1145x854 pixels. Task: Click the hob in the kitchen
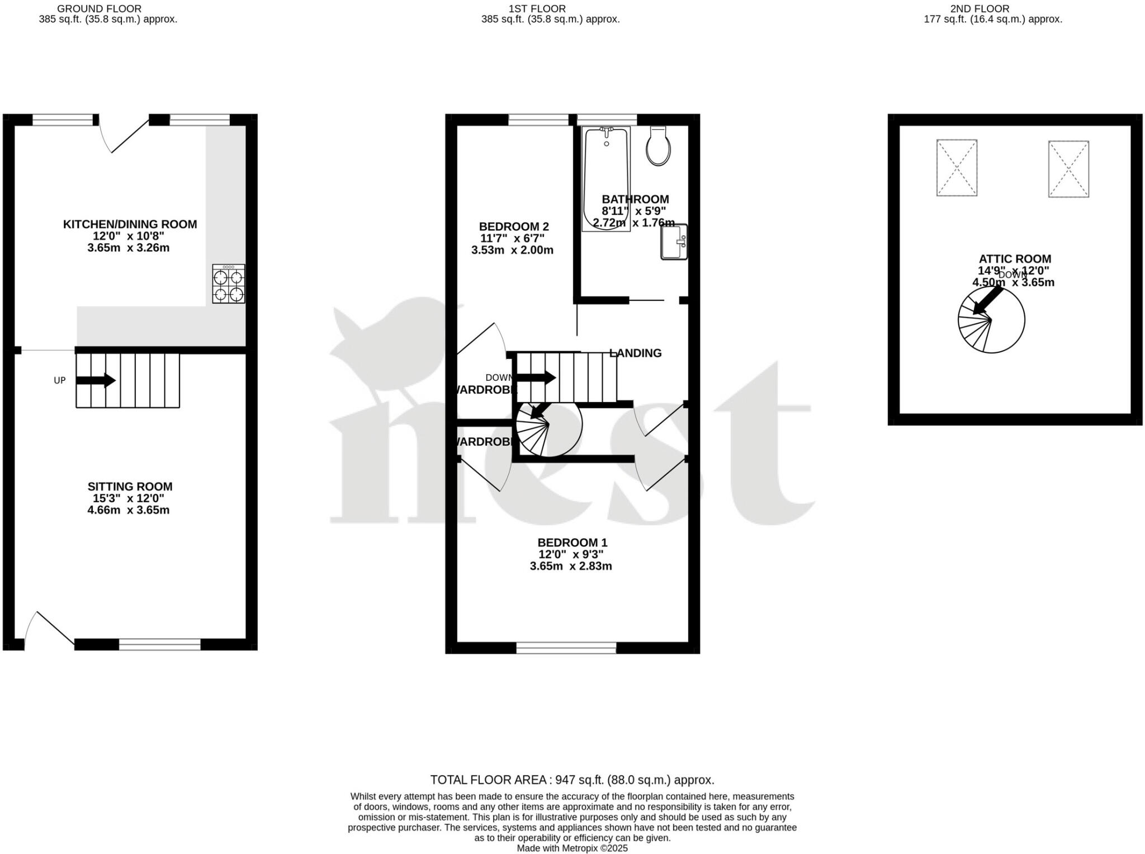[x=229, y=284]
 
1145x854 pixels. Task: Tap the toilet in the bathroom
[x=658, y=147]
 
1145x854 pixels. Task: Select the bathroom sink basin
[x=674, y=242]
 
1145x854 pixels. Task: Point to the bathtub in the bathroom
[x=606, y=178]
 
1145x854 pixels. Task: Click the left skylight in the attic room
[x=957, y=168]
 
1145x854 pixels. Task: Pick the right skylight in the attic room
[x=1068, y=169]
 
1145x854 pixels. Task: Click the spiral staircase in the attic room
[x=991, y=320]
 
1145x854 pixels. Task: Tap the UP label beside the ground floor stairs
[x=60, y=380]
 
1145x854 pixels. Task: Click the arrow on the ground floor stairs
[x=96, y=381]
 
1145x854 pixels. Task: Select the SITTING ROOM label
[x=130, y=487]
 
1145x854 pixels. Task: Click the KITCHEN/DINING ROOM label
[x=130, y=224]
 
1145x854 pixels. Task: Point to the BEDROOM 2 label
[x=514, y=227]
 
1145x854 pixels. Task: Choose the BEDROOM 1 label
[x=572, y=542]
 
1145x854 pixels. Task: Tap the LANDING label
[x=636, y=353]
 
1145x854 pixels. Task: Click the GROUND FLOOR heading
[x=99, y=9]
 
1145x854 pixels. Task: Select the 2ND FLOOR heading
[x=980, y=9]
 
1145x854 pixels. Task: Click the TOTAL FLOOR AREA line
[x=572, y=780]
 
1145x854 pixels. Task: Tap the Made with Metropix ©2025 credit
[x=572, y=848]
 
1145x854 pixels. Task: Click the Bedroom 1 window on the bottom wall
[x=566, y=648]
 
